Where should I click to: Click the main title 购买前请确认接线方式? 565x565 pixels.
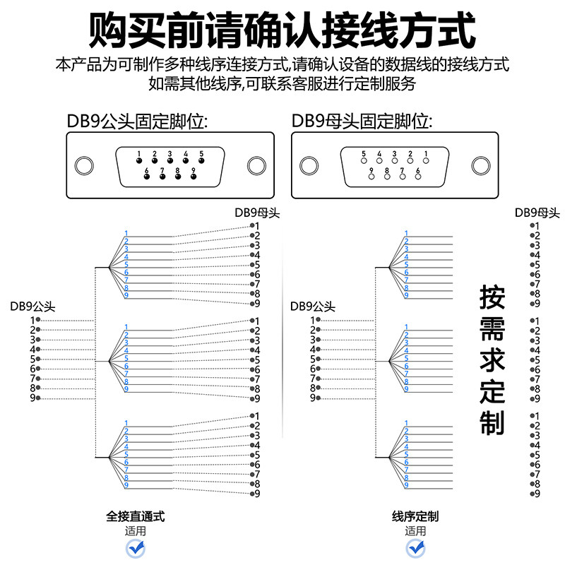(x=282, y=30)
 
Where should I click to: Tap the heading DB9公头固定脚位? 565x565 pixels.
(x=137, y=121)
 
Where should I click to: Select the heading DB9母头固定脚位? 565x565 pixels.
(x=362, y=121)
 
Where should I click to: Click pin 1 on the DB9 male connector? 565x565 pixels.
(x=139, y=161)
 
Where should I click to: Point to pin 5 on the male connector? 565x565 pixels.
(x=201, y=161)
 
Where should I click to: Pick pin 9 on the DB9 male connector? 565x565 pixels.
(x=194, y=177)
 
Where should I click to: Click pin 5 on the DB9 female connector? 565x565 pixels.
(x=364, y=161)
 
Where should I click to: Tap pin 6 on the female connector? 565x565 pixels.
(x=418, y=177)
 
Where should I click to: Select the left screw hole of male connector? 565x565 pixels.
(x=84, y=166)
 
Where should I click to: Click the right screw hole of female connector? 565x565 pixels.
(x=481, y=166)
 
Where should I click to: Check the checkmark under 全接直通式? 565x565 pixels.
(x=136, y=549)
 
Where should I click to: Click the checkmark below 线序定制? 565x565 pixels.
(x=415, y=549)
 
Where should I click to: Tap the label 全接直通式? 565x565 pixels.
(x=136, y=517)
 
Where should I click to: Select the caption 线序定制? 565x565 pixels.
(x=415, y=517)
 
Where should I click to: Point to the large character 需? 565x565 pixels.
(x=492, y=329)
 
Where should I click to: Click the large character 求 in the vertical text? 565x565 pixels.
(x=492, y=360)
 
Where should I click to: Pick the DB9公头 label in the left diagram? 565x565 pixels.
(x=32, y=307)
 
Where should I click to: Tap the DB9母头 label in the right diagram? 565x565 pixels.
(x=537, y=213)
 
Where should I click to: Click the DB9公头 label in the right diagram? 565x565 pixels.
(x=313, y=307)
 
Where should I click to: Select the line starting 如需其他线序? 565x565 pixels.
(x=282, y=84)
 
